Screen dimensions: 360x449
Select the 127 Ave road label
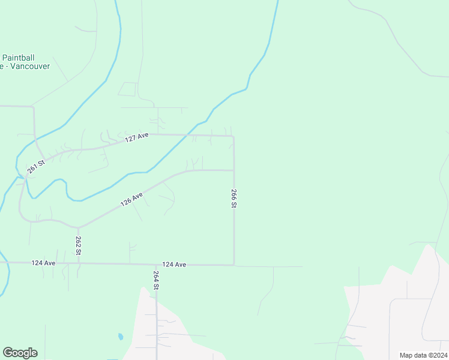point(137,138)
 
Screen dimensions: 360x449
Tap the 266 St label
point(234,199)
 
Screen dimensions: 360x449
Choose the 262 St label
point(79,245)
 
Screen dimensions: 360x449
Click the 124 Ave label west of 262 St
point(43,263)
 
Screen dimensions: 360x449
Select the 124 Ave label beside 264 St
point(174,264)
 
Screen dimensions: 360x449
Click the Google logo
point(20,353)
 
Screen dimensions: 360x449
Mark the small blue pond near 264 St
point(121,337)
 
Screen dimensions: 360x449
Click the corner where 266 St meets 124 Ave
point(234,265)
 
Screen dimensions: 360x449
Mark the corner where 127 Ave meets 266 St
point(234,136)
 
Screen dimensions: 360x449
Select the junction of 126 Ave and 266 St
point(234,170)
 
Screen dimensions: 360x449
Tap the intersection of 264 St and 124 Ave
point(156,264)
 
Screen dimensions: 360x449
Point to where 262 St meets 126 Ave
point(78,228)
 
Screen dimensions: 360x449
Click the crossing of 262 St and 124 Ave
point(79,263)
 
